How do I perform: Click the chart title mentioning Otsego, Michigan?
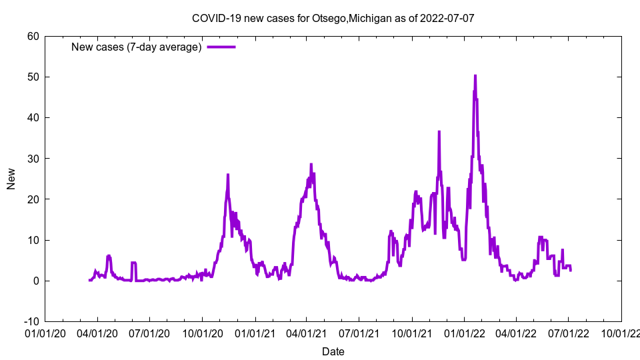click(x=333, y=18)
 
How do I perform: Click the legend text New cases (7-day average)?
click(x=136, y=47)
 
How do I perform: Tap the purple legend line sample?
click(x=221, y=47)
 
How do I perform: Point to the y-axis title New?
click(x=11, y=179)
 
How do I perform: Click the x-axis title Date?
click(x=333, y=351)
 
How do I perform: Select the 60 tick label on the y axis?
click(x=33, y=36)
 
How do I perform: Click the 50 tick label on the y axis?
click(x=33, y=77)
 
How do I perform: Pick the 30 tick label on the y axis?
click(x=33, y=158)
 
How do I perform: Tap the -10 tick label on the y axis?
click(x=31, y=321)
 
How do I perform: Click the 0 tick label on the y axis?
click(x=35, y=281)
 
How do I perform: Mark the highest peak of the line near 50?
click(x=475, y=76)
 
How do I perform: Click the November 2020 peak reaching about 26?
click(x=228, y=175)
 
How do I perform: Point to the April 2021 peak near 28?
click(x=311, y=165)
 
